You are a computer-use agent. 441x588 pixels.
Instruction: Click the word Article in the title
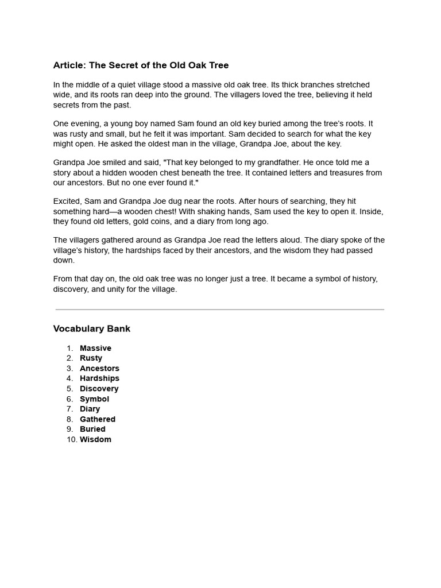point(69,65)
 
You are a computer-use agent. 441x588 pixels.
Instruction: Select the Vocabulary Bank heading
point(92,329)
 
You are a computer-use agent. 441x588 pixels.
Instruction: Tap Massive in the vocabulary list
point(95,348)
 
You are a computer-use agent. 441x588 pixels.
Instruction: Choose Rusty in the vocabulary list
point(91,358)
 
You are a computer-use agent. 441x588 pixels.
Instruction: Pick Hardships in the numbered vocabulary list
point(99,378)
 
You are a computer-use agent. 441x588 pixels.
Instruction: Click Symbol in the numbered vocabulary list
point(94,399)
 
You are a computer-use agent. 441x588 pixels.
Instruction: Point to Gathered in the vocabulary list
point(98,419)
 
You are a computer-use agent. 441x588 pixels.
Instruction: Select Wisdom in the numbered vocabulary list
point(95,440)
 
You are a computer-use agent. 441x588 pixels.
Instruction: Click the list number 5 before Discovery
point(69,389)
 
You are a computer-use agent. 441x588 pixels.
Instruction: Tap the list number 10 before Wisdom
point(71,440)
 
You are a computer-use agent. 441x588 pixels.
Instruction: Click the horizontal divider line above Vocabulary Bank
point(220,310)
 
